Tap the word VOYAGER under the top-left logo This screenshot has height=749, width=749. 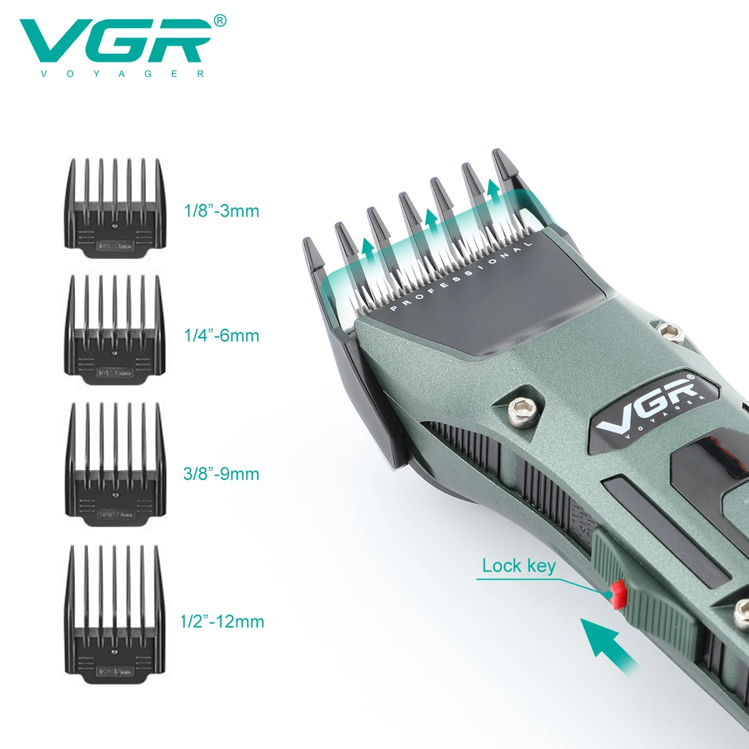tap(122, 74)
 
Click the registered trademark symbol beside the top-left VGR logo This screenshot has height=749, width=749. tap(220, 21)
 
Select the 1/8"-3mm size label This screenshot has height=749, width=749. tap(221, 211)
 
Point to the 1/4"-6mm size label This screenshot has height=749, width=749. tap(221, 336)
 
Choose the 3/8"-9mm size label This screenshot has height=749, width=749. tap(221, 474)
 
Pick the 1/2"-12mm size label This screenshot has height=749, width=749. tap(222, 622)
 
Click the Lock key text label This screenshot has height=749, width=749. tap(519, 566)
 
